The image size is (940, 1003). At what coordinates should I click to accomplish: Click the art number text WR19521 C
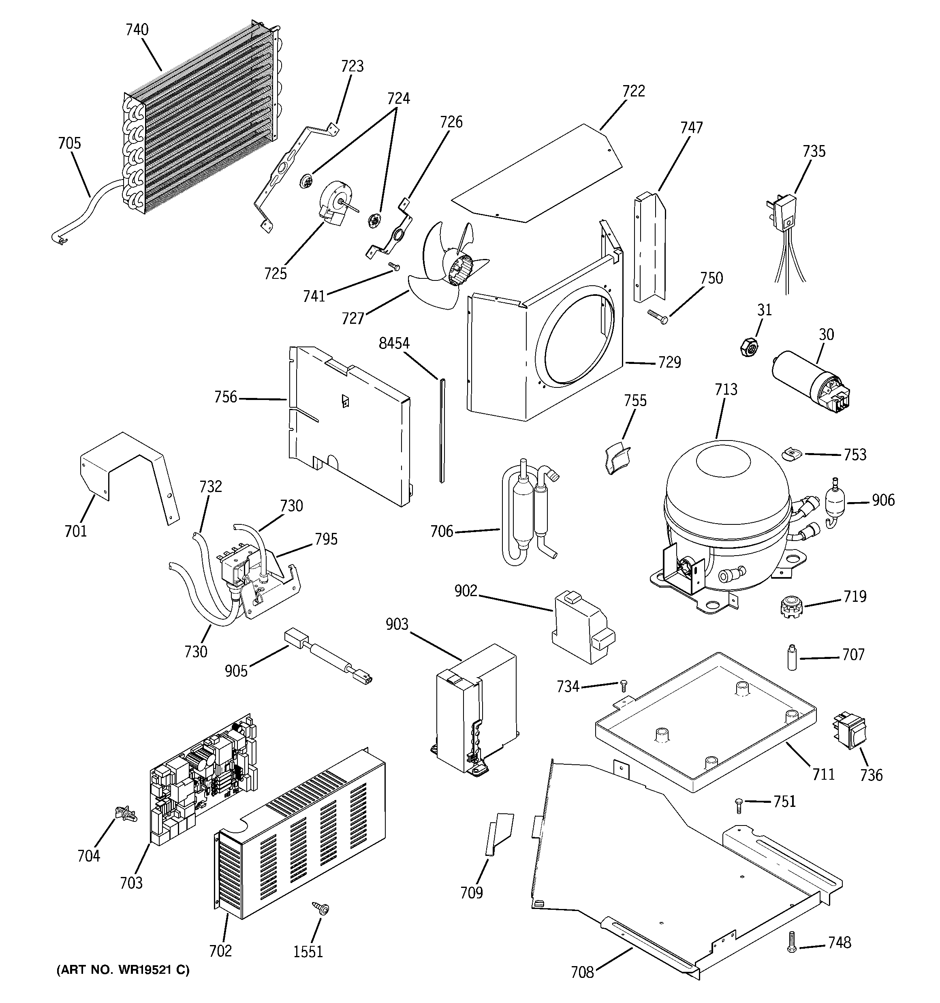[x=123, y=970]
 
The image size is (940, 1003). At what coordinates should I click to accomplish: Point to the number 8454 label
[x=394, y=344]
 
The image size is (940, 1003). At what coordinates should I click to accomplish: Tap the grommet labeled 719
[x=788, y=604]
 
